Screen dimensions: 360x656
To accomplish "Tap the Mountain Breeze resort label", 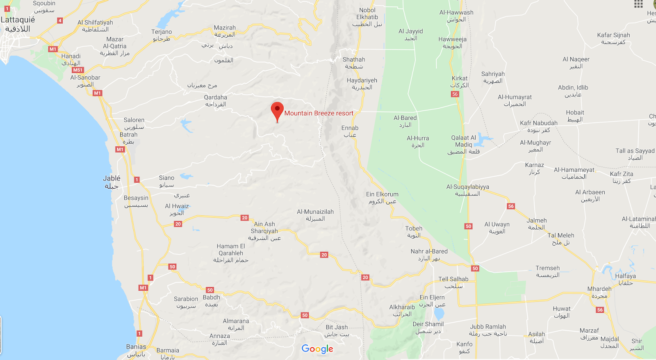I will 319,113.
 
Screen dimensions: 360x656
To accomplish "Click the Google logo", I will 317,349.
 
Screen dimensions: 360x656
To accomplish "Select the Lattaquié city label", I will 18,24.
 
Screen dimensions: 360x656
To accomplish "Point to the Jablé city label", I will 112,182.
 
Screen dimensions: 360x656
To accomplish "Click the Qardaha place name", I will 216,100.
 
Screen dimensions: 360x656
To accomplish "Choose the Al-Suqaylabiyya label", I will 468,190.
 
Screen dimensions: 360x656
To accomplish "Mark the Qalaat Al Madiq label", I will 464,144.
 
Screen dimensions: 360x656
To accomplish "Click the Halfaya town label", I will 625,279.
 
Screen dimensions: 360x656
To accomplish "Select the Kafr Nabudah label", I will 538,126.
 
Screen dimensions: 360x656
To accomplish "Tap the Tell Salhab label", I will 453,282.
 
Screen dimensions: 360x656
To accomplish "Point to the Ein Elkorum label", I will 382,197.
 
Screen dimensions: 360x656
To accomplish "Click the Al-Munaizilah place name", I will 315,215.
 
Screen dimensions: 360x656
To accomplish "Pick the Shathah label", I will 354,62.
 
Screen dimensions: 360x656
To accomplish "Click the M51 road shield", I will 78,70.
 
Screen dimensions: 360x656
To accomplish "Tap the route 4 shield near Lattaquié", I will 60,21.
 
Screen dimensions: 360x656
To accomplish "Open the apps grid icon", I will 638,4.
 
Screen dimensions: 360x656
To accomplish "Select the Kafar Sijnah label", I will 613,38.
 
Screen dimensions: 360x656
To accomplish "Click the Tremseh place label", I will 548,271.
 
